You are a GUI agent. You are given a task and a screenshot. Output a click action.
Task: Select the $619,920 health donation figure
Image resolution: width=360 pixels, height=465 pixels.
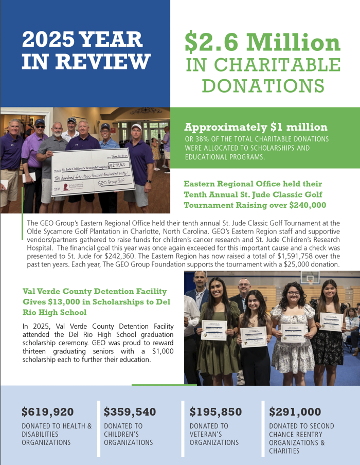pyautogui.click(x=48, y=411)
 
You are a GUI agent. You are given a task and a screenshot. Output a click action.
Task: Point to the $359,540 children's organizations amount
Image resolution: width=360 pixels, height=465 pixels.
pyautogui.click(x=130, y=411)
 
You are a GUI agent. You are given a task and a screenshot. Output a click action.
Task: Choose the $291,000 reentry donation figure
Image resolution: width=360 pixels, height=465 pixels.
pyautogui.click(x=295, y=411)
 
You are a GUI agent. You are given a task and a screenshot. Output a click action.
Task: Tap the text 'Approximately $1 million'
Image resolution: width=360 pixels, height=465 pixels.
pyautogui.click(x=256, y=127)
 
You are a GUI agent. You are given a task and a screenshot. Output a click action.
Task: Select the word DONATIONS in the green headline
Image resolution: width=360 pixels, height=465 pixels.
pyautogui.click(x=262, y=85)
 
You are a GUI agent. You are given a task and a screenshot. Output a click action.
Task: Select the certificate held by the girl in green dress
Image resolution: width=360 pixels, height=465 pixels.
pyautogui.click(x=213, y=330)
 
